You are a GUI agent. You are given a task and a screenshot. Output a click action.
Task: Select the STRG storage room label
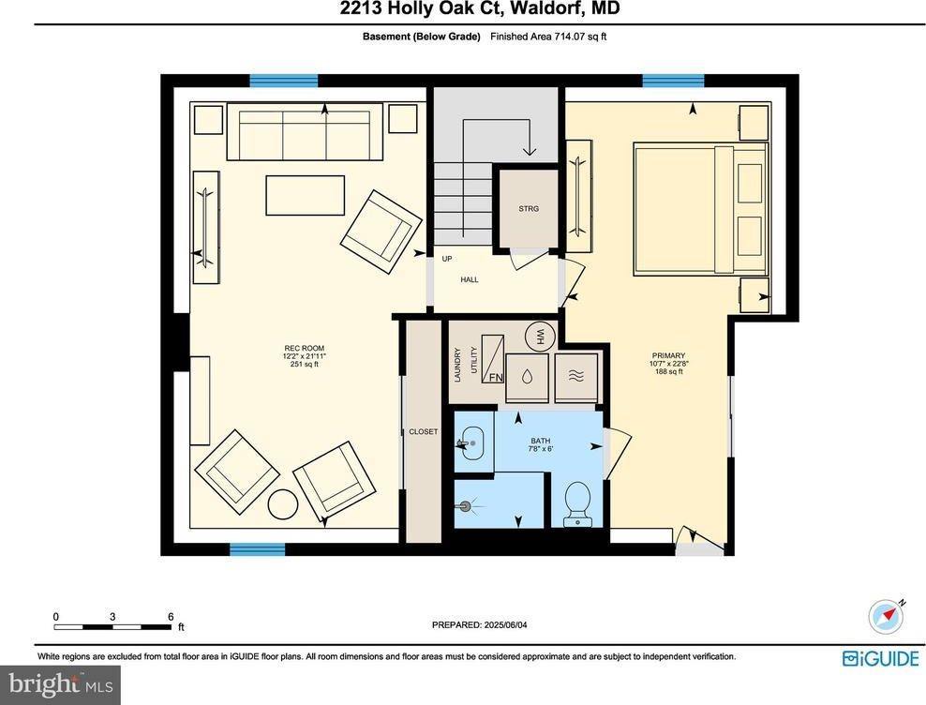(530, 209)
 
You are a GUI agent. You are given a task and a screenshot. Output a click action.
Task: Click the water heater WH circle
(541, 335)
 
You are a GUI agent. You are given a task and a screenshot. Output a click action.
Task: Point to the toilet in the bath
(575, 505)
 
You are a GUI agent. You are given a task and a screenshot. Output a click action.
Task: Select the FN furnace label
(495, 378)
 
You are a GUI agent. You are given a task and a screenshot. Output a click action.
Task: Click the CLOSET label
(423, 432)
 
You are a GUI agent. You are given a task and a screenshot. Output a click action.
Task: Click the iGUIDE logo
(880, 658)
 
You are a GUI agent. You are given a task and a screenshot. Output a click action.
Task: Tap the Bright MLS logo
(60, 684)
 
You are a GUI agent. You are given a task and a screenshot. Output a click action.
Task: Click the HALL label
(469, 280)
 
